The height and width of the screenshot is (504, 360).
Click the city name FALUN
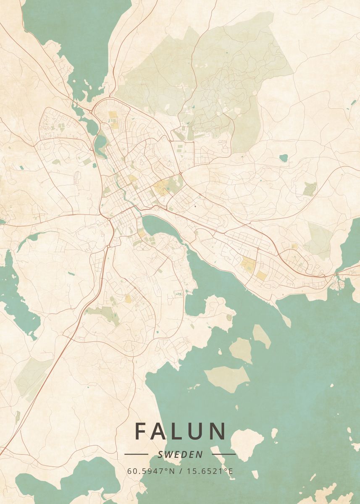[180, 431]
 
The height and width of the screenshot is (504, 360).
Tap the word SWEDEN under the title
[180, 454]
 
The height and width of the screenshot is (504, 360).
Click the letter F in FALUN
[141, 431]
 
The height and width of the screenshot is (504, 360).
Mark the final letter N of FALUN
[218, 431]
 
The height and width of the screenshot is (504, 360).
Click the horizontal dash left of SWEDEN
[137, 454]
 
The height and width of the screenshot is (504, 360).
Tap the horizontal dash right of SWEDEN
[224, 454]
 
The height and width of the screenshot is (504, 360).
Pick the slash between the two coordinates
[180, 471]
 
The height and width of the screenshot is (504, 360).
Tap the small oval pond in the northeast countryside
[284, 158]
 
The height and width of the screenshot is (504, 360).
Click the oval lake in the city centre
[162, 227]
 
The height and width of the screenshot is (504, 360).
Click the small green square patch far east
[310, 189]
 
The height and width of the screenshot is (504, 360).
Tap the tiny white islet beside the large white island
[274, 433]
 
